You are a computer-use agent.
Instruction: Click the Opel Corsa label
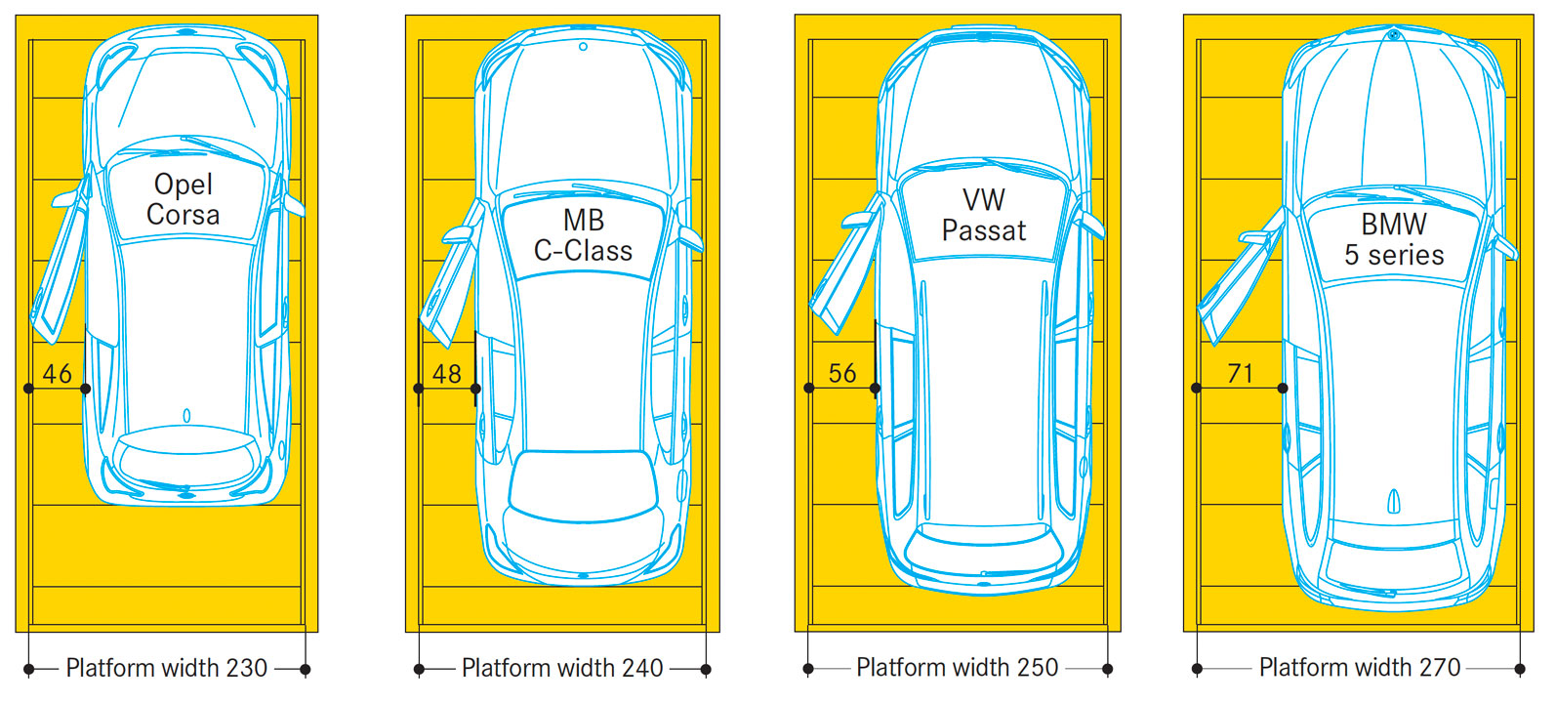pyautogui.click(x=183, y=199)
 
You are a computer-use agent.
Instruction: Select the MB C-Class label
pyautogui.click(x=583, y=235)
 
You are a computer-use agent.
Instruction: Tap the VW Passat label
pyautogui.click(x=983, y=215)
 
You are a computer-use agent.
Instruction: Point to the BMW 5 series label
pyautogui.click(x=1393, y=239)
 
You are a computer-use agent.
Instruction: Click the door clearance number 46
pyautogui.click(x=58, y=373)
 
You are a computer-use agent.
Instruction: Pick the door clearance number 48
pyautogui.click(x=447, y=373)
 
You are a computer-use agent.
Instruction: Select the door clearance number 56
pyautogui.click(x=842, y=373)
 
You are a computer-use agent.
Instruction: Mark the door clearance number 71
pyautogui.click(x=1240, y=373)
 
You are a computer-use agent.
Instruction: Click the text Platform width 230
pyautogui.click(x=167, y=668)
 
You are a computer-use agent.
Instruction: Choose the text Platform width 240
pyautogui.click(x=562, y=668)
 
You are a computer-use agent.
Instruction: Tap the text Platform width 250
pyautogui.click(x=957, y=668)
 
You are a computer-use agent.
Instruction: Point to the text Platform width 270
pyautogui.click(x=1360, y=668)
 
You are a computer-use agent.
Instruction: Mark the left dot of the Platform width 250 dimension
pyautogui.click(x=808, y=669)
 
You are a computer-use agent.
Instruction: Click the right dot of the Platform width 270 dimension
pyautogui.click(x=1519, y=669)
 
